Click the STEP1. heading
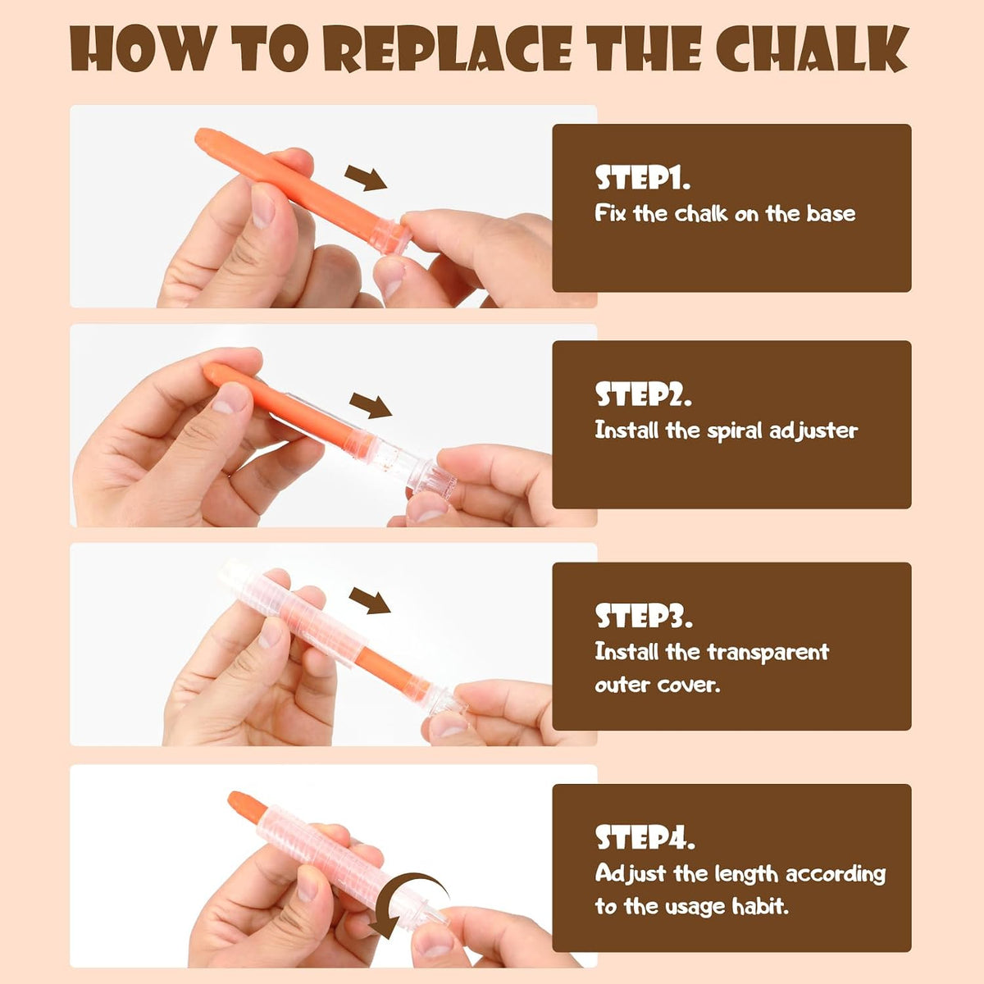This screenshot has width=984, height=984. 642,178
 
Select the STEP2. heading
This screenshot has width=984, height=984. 644,394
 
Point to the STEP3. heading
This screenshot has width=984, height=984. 644,617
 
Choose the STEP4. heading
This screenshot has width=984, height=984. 645,838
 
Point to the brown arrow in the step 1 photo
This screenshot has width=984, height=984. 366,177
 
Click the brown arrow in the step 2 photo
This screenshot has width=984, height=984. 371,405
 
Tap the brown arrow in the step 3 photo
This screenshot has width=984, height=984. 370,600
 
